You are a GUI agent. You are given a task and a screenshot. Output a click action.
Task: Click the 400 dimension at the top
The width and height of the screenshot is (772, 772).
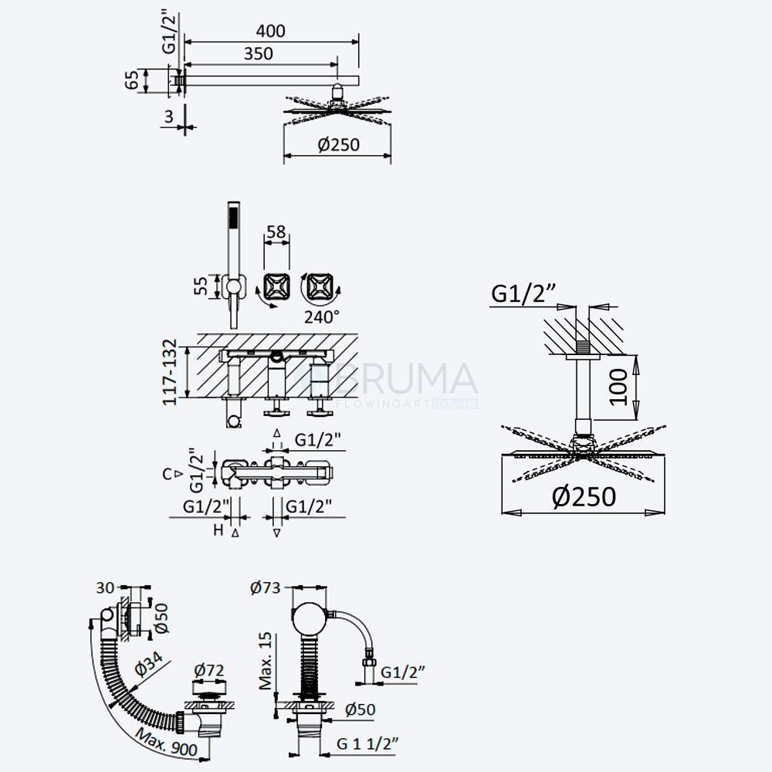[x=270, y=31]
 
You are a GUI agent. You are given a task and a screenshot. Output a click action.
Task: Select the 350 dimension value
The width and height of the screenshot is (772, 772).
[x=258, y=54]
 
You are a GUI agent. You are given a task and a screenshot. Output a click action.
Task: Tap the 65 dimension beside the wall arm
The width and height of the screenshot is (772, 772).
[x=131, y=80]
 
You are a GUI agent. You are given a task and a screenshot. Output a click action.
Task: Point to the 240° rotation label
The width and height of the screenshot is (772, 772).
[x=321, y=317]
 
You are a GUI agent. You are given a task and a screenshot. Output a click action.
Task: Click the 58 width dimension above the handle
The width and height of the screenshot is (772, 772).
[x=276, y=232]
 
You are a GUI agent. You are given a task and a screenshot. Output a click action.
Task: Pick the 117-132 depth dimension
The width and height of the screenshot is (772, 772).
[x=170, y=372]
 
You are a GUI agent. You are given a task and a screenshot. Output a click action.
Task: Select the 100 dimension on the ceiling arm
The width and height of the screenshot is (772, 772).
[x=618, y=388]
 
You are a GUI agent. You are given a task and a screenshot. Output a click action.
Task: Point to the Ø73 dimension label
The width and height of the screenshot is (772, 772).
[x=265, y=587]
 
